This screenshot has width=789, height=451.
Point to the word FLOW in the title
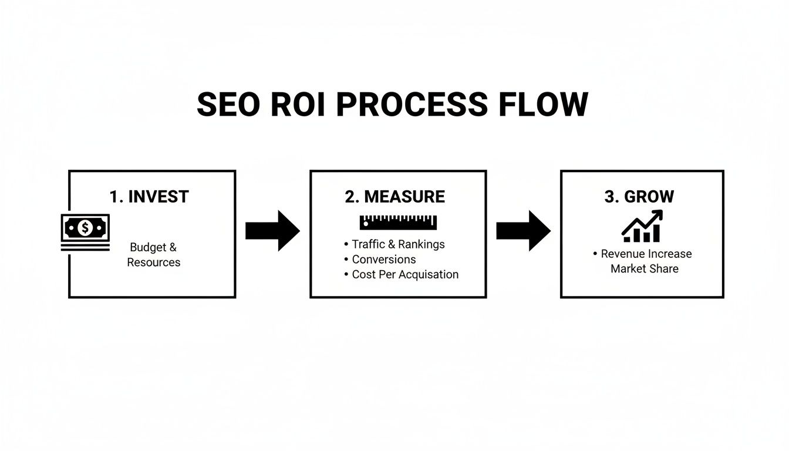point(542,105)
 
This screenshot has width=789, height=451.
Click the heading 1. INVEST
point(149,197)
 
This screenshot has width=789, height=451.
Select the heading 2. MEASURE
point(395,197)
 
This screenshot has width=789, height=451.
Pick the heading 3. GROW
point(639,197)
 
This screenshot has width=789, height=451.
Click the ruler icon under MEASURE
point(398,222)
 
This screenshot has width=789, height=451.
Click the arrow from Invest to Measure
point(272,231)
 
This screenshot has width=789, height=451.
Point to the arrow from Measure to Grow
point(523,231)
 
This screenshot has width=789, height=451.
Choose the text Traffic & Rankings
point(398,244)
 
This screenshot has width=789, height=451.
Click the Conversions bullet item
point(383,260)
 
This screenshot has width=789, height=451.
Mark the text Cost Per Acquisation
point(405,274)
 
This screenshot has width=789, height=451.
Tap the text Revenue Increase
point(646,254)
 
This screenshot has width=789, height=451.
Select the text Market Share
point(644,269)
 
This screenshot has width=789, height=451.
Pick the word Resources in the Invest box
point(154,262)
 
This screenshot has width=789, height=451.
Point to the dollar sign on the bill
point(85,227)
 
